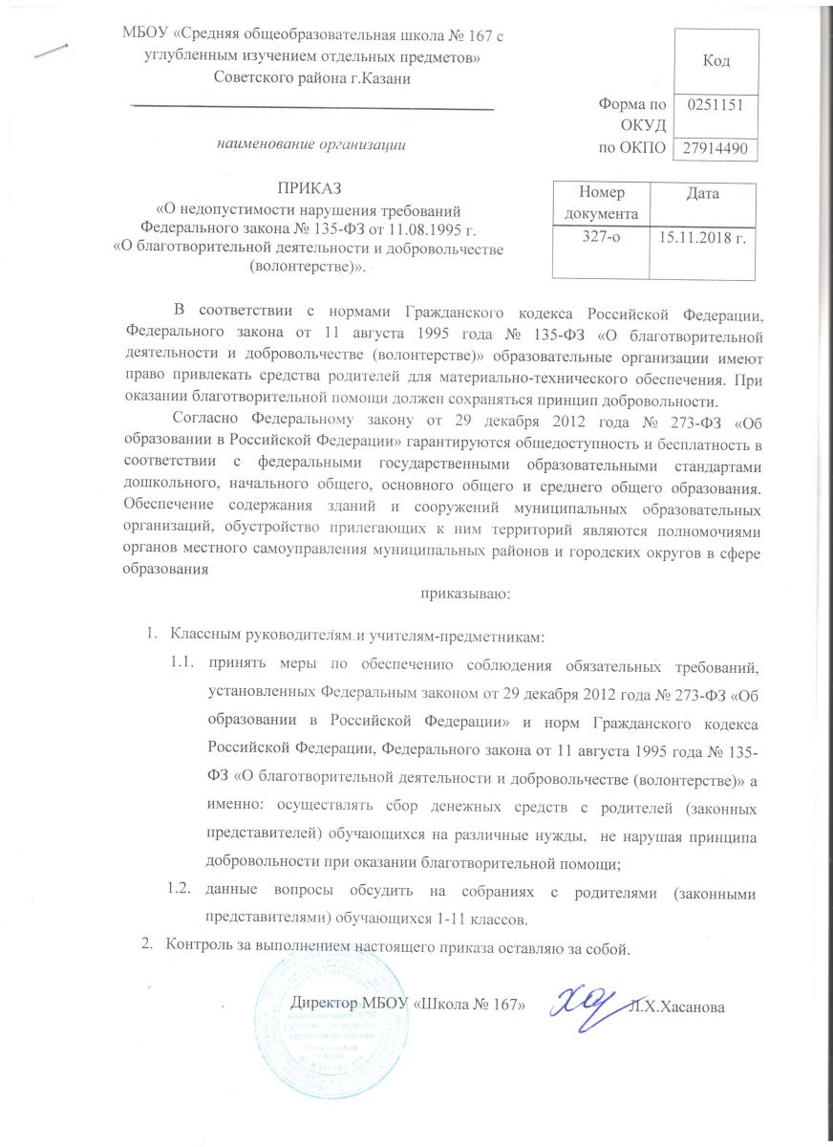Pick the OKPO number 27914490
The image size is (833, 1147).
pyautogui.click(x=716, y=150)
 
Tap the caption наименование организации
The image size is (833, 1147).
pyautogui.click(x=310, y=145)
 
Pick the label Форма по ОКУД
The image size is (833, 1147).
pyautogui.click(x=629, y=112)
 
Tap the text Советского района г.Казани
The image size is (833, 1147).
pyautogui.click(x=312, y=78)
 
